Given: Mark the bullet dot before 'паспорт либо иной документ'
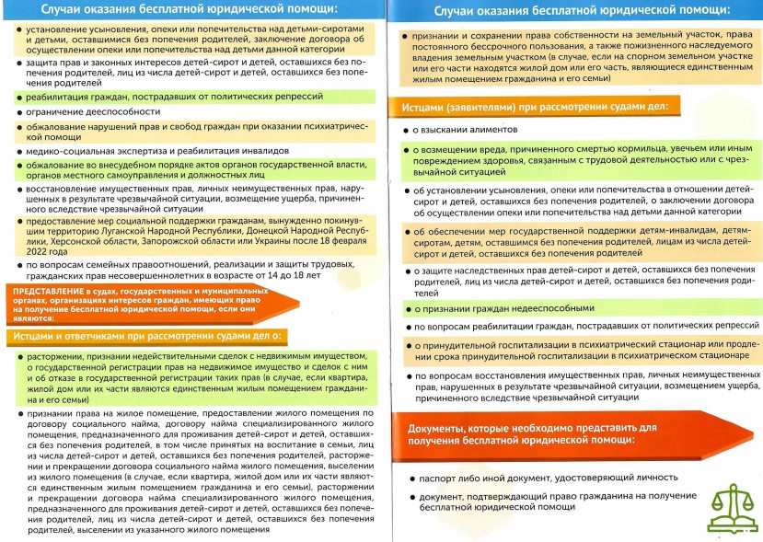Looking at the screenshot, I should (x=410, y=479).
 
